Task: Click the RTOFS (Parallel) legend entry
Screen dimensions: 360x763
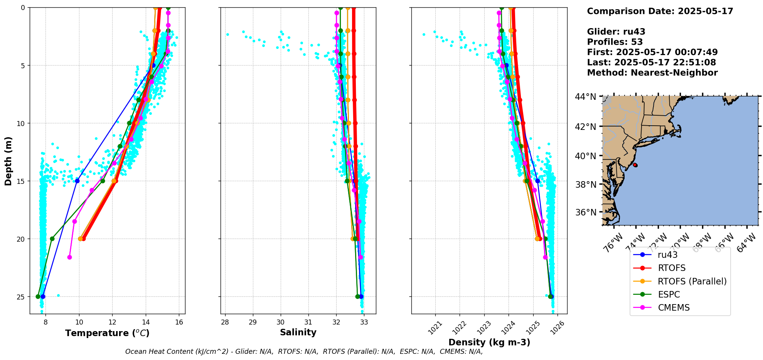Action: coord(692,281)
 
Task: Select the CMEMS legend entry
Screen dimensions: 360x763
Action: coord(674,308)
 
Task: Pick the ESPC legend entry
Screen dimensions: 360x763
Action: coord(669,294)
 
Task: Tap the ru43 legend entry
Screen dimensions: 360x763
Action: coord(667,255)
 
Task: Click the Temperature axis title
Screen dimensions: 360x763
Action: coord(107,333)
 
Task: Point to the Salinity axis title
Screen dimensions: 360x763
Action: coord(298,332)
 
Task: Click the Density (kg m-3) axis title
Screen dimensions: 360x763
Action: coord(489,342)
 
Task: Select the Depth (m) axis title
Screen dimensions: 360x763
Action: coord(8,161)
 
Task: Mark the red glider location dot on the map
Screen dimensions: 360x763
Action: coord(635,165)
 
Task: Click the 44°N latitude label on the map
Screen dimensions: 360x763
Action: coord(585,97)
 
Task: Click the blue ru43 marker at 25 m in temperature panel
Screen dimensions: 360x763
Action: coord(43,296)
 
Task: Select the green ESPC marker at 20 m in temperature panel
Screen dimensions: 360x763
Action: coord(52,239)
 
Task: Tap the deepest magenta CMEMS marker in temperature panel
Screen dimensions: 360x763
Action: coord(69,257)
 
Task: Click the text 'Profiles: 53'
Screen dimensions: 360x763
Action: coord(615,42)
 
